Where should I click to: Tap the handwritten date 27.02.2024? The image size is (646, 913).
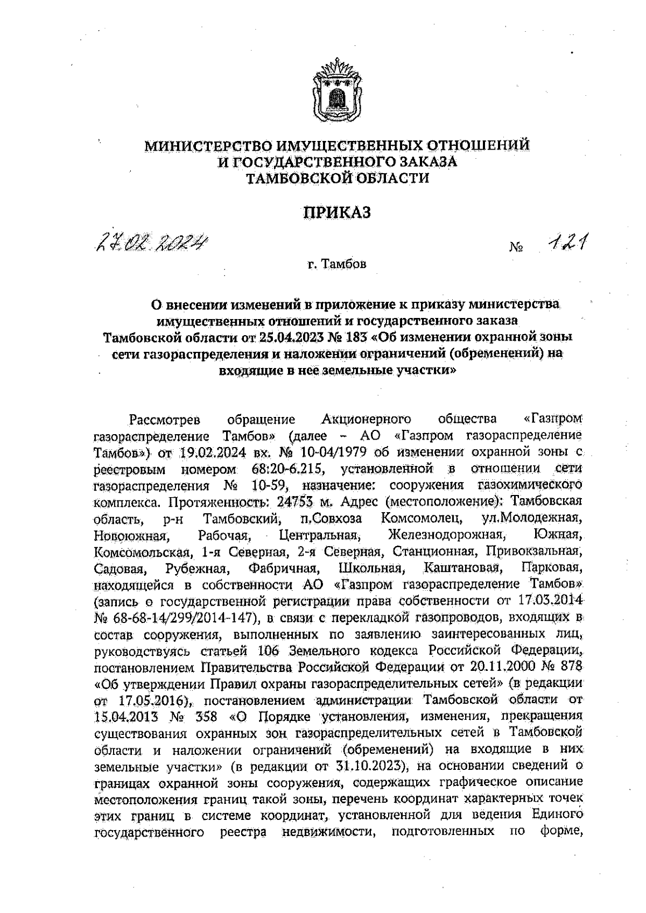pyautogui.click(x=151, y=244)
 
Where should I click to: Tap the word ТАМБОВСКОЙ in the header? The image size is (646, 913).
pyautogui.click(x=299, y=178)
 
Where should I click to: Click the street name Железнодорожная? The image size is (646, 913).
pyautogui.click(x=447, y=535)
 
